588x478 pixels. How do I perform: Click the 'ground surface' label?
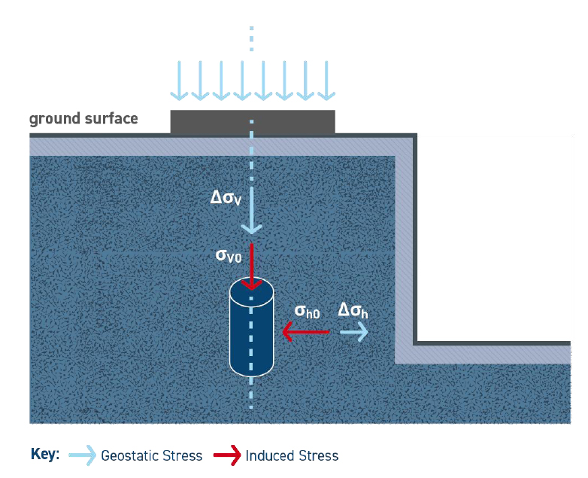(83, 119)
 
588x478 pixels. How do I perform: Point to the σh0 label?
(307, 310)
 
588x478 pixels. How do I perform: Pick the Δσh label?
(353, 309)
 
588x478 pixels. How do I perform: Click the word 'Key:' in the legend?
(45, 455)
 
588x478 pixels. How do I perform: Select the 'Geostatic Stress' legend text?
(151, 455)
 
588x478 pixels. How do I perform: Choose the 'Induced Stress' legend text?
(292, 455)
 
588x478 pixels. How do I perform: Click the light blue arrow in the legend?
(82, 455)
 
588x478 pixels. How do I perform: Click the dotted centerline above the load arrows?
(252, 38)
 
